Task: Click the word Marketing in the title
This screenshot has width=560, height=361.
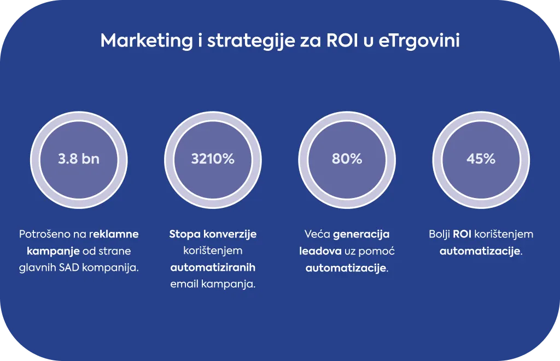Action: tap(147, 41)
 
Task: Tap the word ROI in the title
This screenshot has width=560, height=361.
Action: tap(342, 40)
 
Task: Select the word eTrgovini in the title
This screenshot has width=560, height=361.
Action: tap(418, 41)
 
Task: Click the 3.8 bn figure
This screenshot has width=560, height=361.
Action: tap(79, 159)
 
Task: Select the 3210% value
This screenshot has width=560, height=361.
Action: tap(213, 159)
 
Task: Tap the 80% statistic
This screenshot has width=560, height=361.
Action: tap(347, 159)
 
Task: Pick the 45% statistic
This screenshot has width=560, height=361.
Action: tap(481, 159)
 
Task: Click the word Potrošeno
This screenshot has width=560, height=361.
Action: tap(44, 234)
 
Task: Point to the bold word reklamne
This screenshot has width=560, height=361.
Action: tap(114, 234)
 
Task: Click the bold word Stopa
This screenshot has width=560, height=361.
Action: tap(184, 235)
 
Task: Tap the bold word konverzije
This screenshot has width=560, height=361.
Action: tap(230, 235)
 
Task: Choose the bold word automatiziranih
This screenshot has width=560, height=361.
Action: tap(213, 267)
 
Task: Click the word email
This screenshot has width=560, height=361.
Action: tap(184, 284)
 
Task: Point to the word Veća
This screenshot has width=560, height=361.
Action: tap(317, 234)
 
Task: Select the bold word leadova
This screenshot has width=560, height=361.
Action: tap(320, 251)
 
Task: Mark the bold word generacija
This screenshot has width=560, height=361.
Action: tap(361, 235)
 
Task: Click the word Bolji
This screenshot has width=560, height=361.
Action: tap(439, 235)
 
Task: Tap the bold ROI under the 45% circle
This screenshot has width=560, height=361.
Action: tap(462, 234)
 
